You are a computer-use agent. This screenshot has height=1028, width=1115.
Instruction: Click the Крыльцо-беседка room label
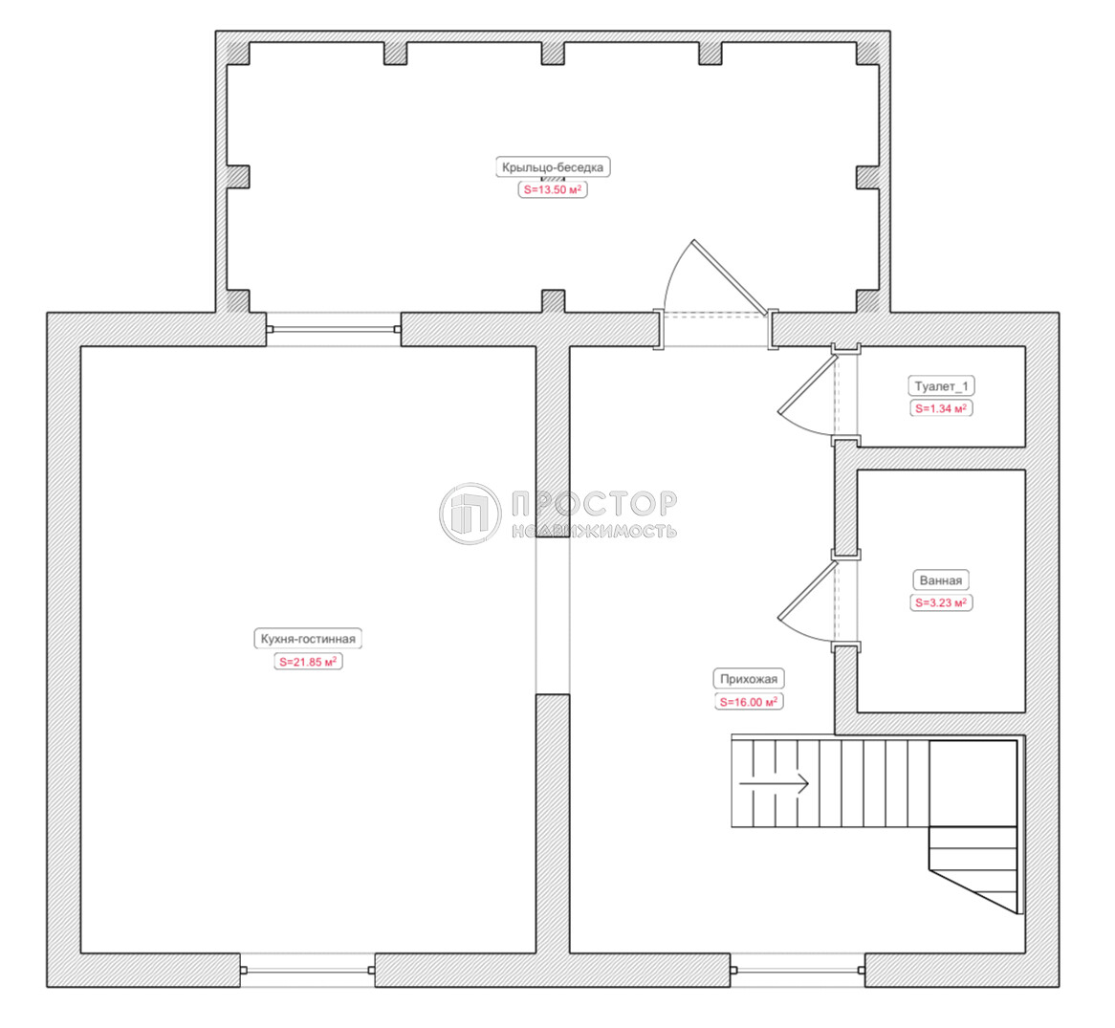(553, 167)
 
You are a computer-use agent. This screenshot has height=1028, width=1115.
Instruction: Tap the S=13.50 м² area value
(553, 189)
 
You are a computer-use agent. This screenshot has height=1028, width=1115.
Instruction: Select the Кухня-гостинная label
(308, 639)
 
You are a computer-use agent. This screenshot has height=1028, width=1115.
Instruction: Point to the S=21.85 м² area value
(308, 661)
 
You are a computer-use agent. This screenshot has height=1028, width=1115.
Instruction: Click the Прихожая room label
(749, 679)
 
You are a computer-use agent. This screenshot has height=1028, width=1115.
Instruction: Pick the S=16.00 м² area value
(749, 702)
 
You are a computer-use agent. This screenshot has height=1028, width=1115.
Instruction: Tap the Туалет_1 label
(942, 386)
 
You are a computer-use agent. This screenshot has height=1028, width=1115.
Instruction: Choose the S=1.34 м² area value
(942, 408)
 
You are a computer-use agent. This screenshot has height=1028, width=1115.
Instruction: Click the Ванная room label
(941, 580)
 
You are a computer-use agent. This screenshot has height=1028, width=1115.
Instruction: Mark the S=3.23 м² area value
(941, 602)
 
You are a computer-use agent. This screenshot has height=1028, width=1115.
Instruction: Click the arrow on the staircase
(774, 784)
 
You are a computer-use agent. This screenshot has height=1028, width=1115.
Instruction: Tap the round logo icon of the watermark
(470, 514)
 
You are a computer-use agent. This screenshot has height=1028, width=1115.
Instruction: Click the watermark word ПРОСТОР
(594, 503)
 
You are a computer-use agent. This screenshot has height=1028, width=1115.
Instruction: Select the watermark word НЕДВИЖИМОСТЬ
(594, 531)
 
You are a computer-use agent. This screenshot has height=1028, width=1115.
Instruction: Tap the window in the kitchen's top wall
(334, 329)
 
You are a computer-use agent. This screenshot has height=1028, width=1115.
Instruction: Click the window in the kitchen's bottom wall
(307, 970)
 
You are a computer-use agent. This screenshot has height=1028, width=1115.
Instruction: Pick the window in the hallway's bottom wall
(798, 970)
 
